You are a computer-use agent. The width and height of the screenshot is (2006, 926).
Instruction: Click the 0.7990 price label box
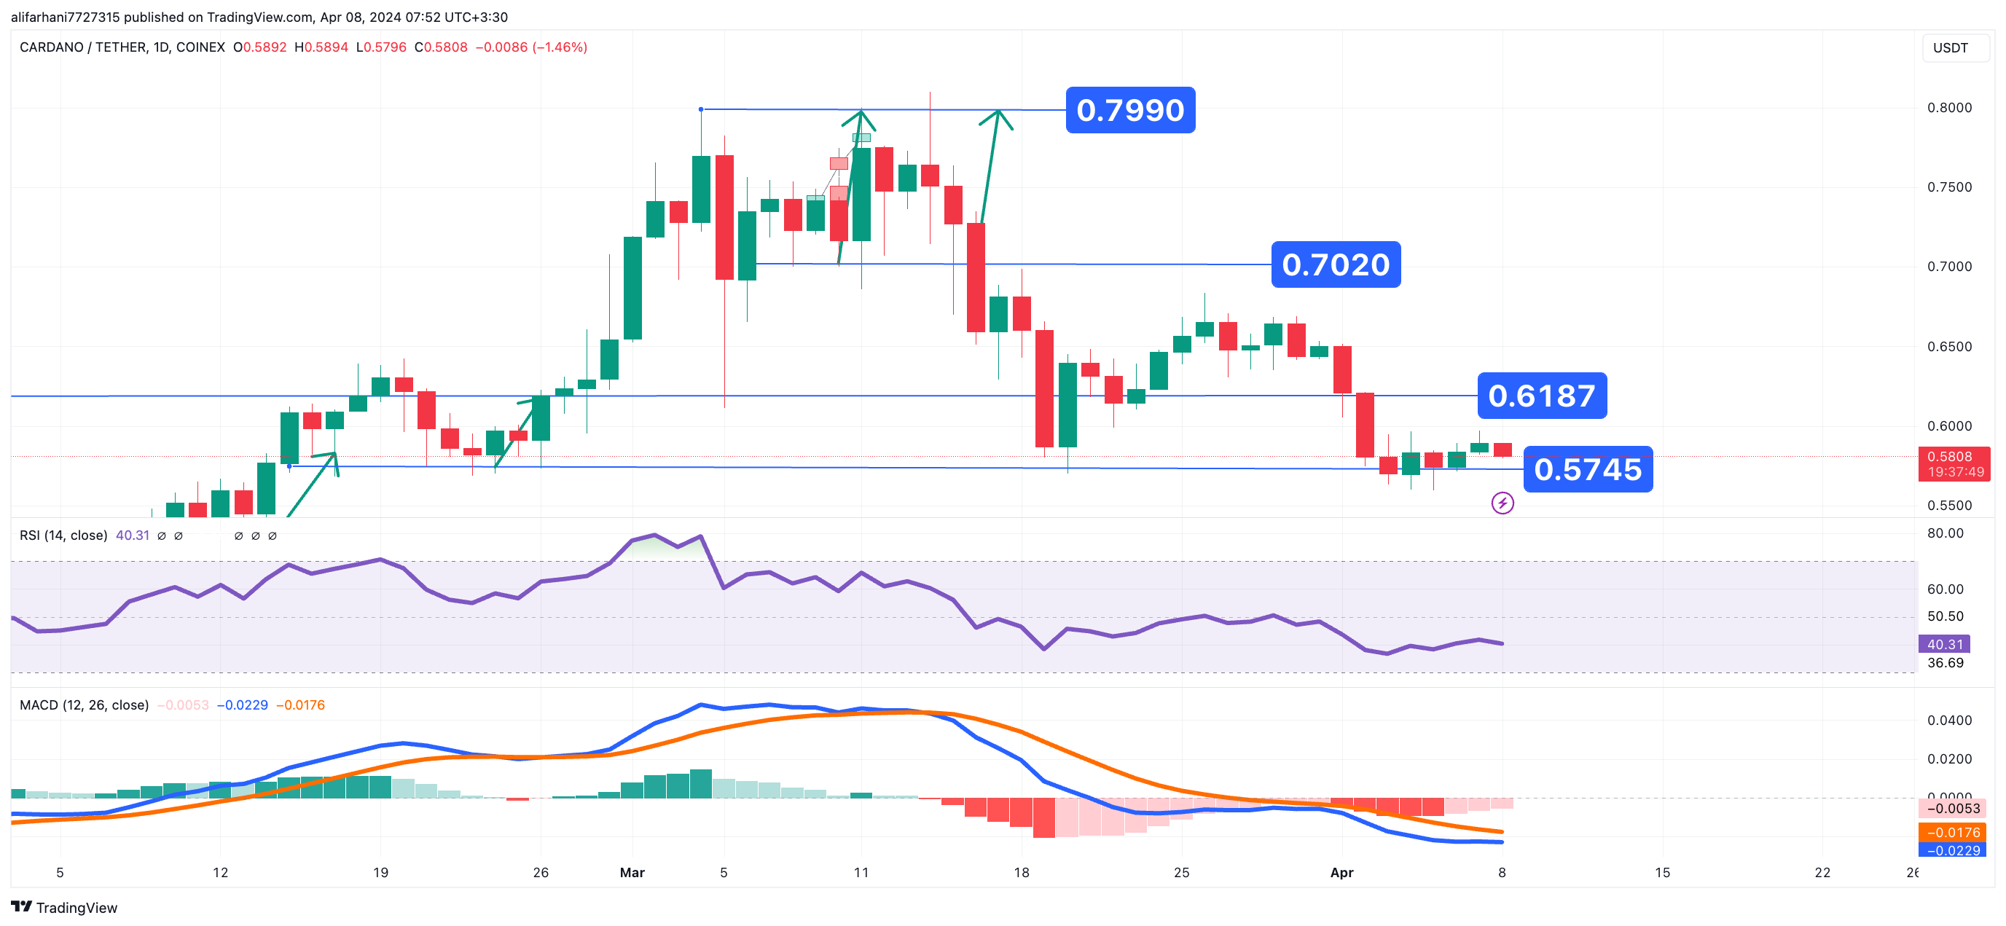tap(1130, 110)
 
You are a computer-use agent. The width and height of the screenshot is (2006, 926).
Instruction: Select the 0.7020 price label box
tap(1336, 264)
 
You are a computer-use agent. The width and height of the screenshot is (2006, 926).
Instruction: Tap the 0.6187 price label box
tap(1541, 396)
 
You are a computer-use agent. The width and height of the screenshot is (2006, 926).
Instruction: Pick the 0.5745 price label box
tap(1587, 470)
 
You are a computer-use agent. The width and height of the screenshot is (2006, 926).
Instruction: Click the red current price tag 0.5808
tap(1954, 463)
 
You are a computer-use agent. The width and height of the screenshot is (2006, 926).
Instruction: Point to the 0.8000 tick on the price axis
tap(1949, 108)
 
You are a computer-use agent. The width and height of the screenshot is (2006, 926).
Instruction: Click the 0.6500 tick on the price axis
tap(1949, 347)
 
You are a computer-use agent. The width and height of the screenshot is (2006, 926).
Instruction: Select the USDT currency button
tap(1950, 47)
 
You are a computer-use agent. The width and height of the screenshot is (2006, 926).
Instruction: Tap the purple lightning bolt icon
tap(1502, 503)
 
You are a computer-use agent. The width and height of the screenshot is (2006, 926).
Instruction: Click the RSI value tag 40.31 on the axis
tap(1945, 644)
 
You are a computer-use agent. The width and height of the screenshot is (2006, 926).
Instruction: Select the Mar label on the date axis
tap(632, 872)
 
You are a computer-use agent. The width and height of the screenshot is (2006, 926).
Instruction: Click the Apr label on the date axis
tap(1341, 872)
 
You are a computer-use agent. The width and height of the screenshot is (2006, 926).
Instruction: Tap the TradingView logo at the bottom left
tap(64, 907)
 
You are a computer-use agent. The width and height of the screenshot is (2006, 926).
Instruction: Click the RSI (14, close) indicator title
tap(63, 535)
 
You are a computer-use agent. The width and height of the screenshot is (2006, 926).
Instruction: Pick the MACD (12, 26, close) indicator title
tap(84, 705)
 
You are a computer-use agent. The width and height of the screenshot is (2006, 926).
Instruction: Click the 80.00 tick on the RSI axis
tap(1946, 533)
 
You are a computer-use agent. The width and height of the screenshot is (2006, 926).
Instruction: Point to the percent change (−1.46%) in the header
tap(559, 47)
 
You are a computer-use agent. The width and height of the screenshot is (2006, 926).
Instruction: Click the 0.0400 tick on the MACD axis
tap(1949, 721)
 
